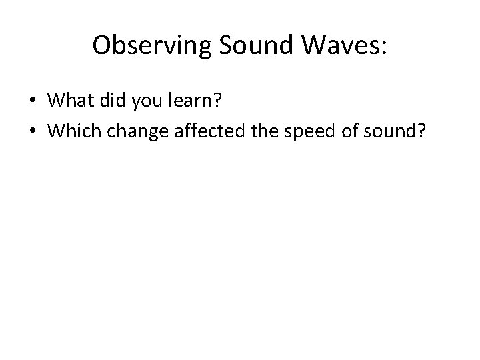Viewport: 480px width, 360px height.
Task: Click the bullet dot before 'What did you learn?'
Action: tap(33, 101)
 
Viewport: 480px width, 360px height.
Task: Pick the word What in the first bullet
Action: tap(69, 101)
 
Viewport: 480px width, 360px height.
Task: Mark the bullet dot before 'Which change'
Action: tap(33, 130)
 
